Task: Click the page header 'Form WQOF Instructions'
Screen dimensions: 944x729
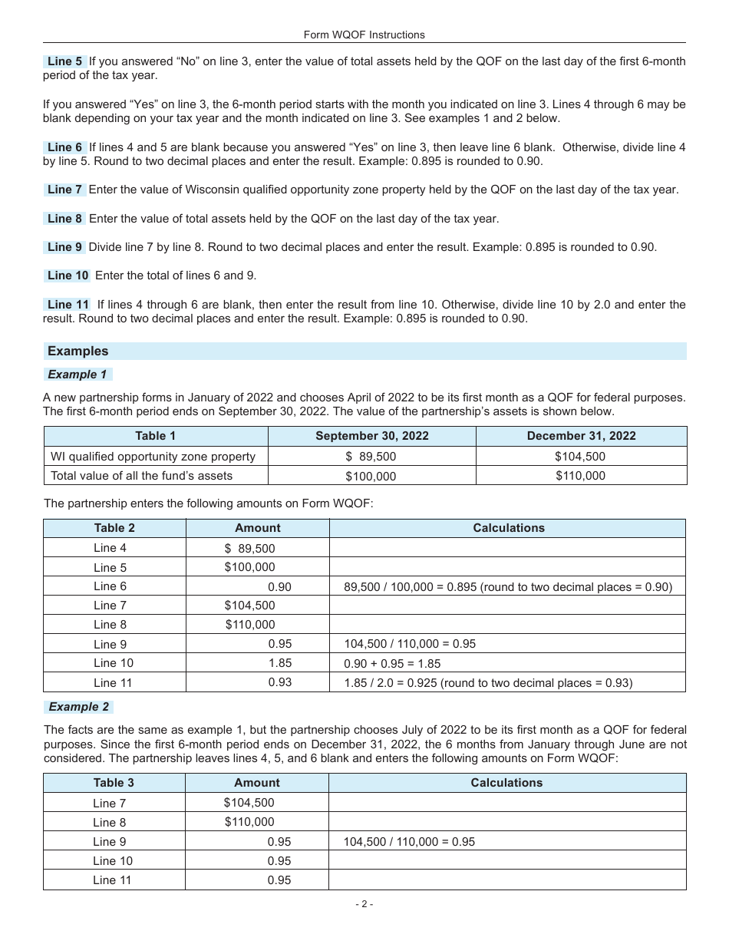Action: (x=364, y=35)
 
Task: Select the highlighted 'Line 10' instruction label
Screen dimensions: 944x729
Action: (x=68, y=276)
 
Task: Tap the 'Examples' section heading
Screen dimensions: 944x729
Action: (x=78, y=351)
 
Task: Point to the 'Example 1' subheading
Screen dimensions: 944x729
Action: (x=78, y=375)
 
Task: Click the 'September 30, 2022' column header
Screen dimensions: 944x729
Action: (x=371, y=436)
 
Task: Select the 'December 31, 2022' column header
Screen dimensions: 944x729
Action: (x=581, y=436)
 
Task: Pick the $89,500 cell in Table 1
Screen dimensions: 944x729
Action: (x=371, y=457)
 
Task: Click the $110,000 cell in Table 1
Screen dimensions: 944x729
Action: (x=581, y=476)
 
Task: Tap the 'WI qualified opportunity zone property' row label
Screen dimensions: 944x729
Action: (x=153, y=457)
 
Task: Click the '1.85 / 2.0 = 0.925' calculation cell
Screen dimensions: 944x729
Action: (x=488, y=682)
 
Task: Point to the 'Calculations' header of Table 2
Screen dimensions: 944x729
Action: (x=509, y=528)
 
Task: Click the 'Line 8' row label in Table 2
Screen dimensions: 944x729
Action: (x=111, y=625)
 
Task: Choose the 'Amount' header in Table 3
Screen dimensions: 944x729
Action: (x=256, y=783)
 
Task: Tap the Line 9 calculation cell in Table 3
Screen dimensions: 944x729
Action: (x=409, y=842)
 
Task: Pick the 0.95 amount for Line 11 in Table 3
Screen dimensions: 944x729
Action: (x=279, y=880)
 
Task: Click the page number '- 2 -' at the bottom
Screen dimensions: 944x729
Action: (x=364, y=904)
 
